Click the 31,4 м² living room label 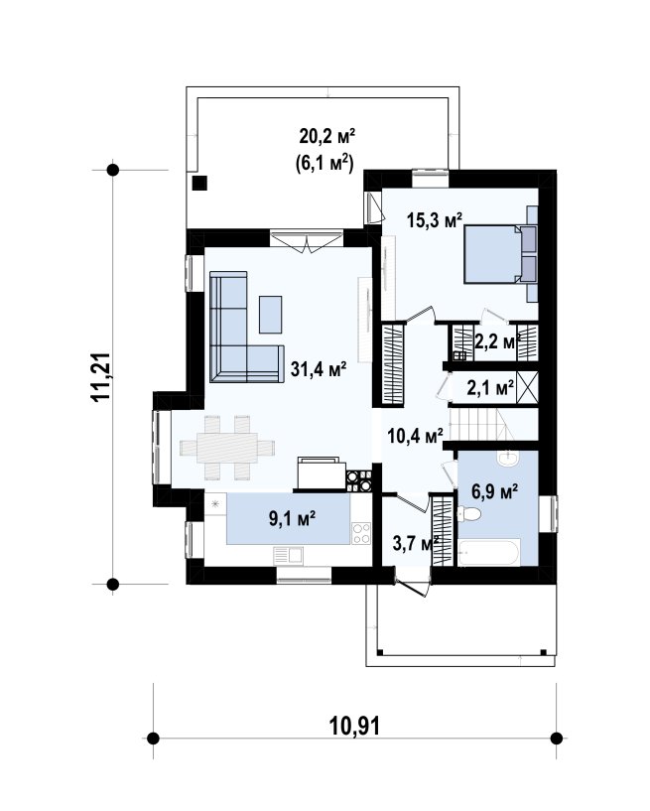pos(318,369)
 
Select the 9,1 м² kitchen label pos(292,518)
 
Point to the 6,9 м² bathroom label pos(495,492)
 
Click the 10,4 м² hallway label pos(415,436)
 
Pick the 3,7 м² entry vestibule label pos(416,544)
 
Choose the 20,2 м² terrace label pos(327,137)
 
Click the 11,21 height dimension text pos(100,376)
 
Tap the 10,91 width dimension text pos(354,727)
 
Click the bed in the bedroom pos(499,254)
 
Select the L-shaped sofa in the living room pos(246,328)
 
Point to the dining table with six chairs pos(227,448)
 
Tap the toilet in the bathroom pos(469,514)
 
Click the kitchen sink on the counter pos(288,556)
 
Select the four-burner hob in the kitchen pos(361,534)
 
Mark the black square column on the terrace pos(199,183)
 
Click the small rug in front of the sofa pos(271,315)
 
